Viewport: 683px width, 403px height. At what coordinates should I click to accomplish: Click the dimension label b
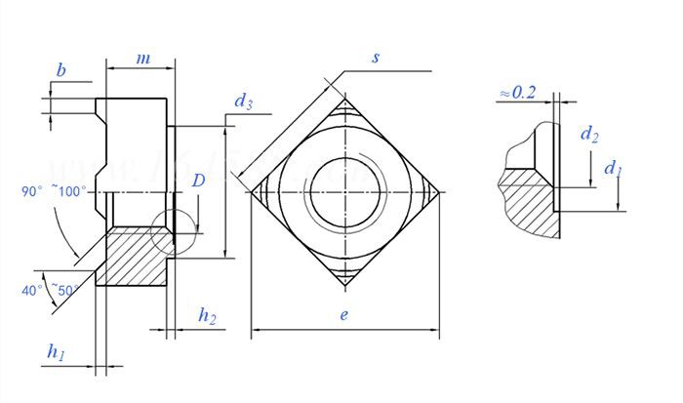pos(60,70)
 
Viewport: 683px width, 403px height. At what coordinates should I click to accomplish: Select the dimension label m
pos(142,59)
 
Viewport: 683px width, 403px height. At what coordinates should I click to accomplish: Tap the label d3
pos(243,101)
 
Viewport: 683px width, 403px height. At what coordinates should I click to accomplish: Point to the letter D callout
pos(198,181)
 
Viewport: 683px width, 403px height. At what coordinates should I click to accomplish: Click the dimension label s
pos(376,58)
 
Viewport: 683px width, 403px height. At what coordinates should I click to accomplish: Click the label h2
pos(207,314)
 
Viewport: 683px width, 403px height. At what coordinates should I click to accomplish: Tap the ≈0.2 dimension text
pos(517,92)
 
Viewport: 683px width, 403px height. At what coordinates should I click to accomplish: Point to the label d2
pos(588,135)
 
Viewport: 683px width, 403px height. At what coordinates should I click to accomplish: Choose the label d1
pos(613,169)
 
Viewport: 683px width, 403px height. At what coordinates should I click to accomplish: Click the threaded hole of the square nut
pos(345,190)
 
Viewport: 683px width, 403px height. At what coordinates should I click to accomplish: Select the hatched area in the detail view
pos(527,205)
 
